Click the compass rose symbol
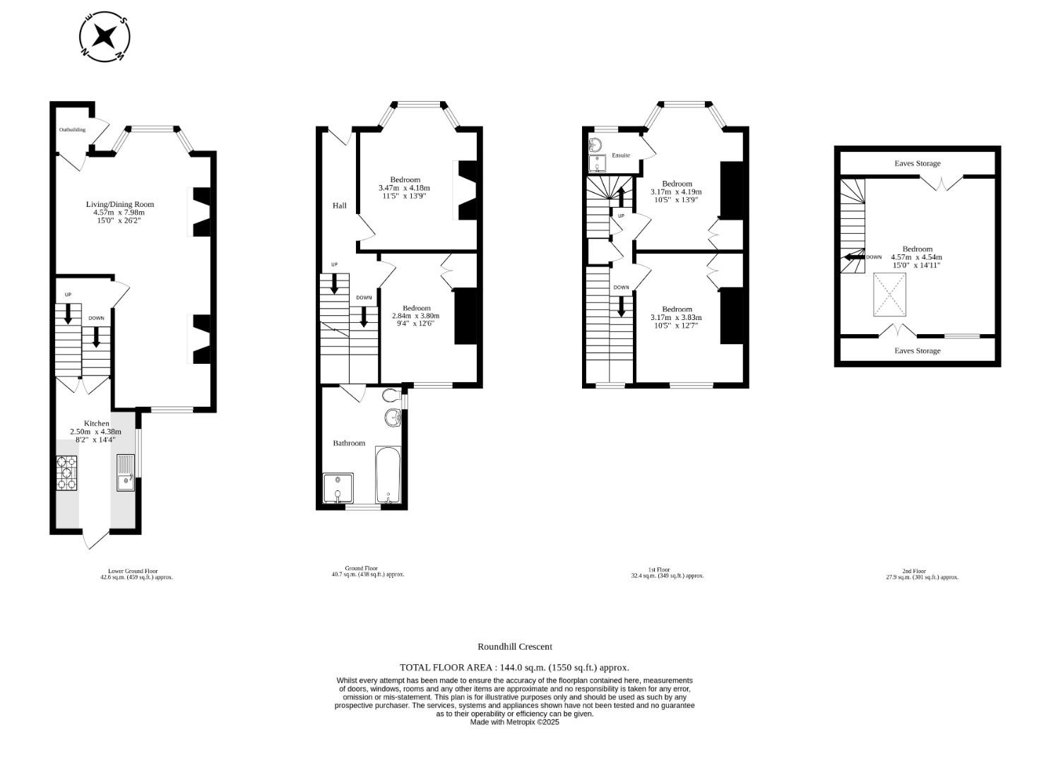105,37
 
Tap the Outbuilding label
72,130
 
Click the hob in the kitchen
66,473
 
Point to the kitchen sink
126,474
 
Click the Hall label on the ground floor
340,206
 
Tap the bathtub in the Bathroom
388,475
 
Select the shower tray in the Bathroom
338,487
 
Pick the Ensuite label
621,155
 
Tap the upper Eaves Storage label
917,163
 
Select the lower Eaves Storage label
917,350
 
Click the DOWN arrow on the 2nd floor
854,258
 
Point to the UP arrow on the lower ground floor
69,312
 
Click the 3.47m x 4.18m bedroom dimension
404,188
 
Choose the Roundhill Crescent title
514,646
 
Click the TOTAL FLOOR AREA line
514,667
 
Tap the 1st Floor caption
659,569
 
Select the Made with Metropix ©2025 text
514,722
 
